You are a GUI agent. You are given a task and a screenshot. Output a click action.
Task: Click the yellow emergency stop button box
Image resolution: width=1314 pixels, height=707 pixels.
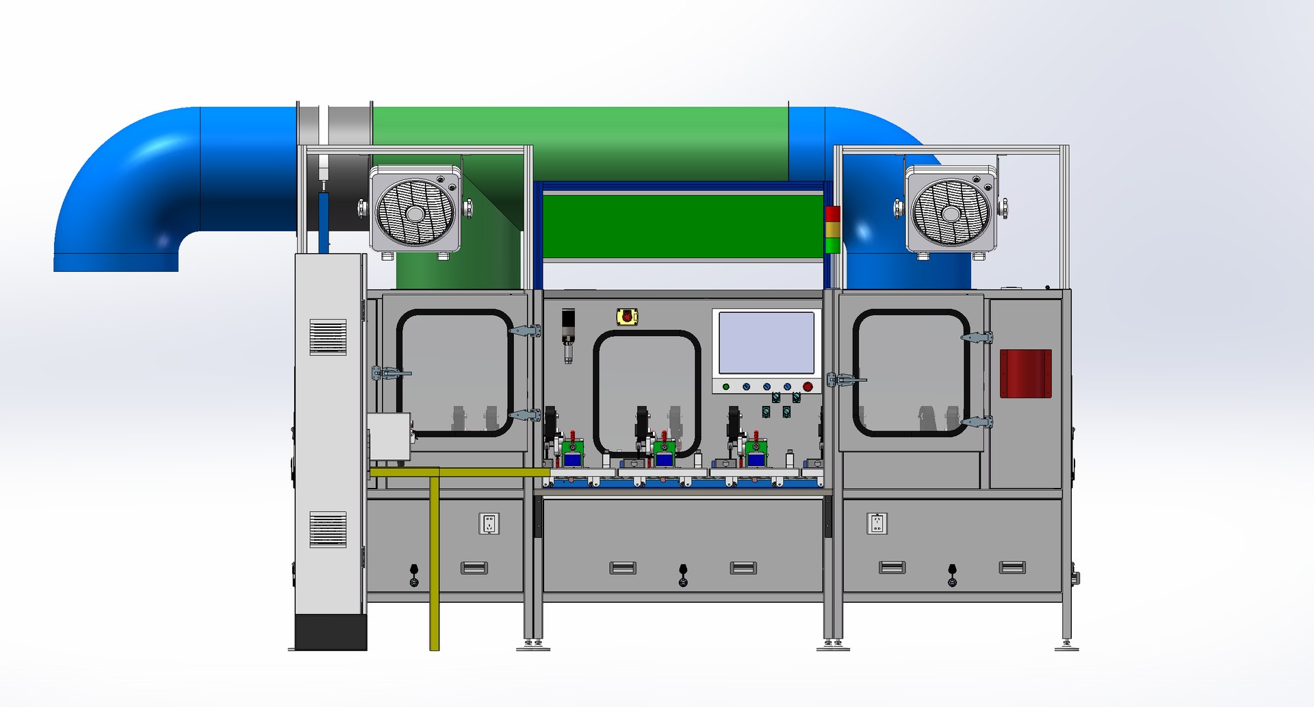pos(627,317)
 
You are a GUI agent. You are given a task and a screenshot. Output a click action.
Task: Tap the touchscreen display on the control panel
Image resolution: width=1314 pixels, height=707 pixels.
pos(766,342)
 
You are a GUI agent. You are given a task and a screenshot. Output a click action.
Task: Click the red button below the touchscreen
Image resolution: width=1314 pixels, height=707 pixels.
pos(808,387)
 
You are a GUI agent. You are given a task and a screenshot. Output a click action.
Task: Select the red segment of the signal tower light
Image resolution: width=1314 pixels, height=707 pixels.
pos(833,214)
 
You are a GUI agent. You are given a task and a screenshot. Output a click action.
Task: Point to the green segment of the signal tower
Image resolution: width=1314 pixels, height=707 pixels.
pos(833,245)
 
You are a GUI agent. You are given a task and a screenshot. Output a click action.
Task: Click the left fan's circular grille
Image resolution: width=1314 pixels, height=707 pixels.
pos(415,212)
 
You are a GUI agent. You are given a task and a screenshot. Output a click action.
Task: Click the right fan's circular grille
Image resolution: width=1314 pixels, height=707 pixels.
pos(951,212)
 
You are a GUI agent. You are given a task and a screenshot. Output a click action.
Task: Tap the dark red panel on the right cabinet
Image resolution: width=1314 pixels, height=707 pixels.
pos(1025,374)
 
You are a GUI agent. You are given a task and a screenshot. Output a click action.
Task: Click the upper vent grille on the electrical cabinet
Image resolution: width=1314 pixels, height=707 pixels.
pos(328,337)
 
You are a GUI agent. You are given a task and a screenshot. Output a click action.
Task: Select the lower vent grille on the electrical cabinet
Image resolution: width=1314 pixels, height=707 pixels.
pos(328,529)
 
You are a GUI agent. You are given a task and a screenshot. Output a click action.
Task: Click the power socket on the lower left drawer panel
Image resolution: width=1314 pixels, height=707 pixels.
pos(489,524)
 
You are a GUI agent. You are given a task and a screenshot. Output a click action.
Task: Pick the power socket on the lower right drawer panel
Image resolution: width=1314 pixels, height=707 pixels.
pos(877,524)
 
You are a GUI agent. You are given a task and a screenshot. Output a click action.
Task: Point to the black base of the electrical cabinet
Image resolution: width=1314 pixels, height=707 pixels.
pos(331,632)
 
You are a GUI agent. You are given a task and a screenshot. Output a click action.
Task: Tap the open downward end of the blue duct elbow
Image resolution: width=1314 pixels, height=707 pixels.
pos(116,262)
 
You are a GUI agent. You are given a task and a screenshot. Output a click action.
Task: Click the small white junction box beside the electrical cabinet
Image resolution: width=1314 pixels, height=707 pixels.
pos(389,437)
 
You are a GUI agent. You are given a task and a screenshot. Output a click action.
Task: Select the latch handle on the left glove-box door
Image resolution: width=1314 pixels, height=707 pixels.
pos(391,373)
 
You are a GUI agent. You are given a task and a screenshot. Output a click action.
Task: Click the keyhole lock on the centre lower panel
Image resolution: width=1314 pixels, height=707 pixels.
pos(683,575)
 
